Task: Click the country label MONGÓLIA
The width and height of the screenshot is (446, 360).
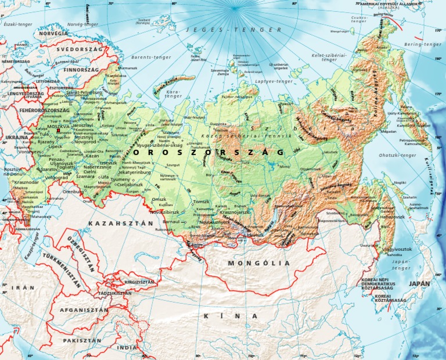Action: [258, 263]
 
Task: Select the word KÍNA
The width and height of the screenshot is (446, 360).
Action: [231, 316]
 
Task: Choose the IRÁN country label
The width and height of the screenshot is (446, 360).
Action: [24, 287]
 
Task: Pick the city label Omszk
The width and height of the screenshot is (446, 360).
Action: [159, 199]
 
